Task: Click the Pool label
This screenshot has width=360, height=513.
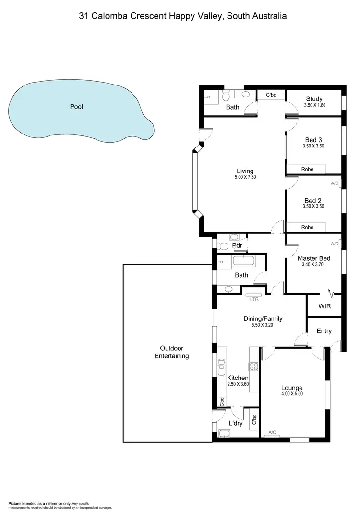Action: [x=77, y=107]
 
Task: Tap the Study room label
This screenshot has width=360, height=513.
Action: [x=314, y=99]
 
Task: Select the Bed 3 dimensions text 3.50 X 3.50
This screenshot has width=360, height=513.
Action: [x=314, y=146]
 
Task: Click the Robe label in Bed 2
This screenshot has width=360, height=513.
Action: [x=307, y=227]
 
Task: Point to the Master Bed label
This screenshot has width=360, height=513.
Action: [x=314, y=258]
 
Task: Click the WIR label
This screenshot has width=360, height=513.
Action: [x=325, y=306]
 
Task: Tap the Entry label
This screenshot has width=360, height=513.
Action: [x=324, y=331]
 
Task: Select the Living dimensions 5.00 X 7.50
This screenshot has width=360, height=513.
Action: [x=245, y=177]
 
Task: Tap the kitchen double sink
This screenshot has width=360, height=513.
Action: [x=221, y=367]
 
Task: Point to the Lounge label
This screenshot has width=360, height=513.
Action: [x=292, y=388]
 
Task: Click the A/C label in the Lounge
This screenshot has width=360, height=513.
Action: [x=272, y=432]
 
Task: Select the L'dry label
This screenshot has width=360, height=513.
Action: [x=235, y=423]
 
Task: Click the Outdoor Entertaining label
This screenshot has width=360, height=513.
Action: [x=171, y=352]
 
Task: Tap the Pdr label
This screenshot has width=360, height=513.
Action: [x=236, y=245]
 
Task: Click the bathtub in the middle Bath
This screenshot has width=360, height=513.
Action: [x=245, y=262]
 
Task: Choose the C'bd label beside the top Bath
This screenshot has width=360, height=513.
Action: [x=272, y=96]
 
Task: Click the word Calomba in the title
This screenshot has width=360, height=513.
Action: [x=113, y=16]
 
